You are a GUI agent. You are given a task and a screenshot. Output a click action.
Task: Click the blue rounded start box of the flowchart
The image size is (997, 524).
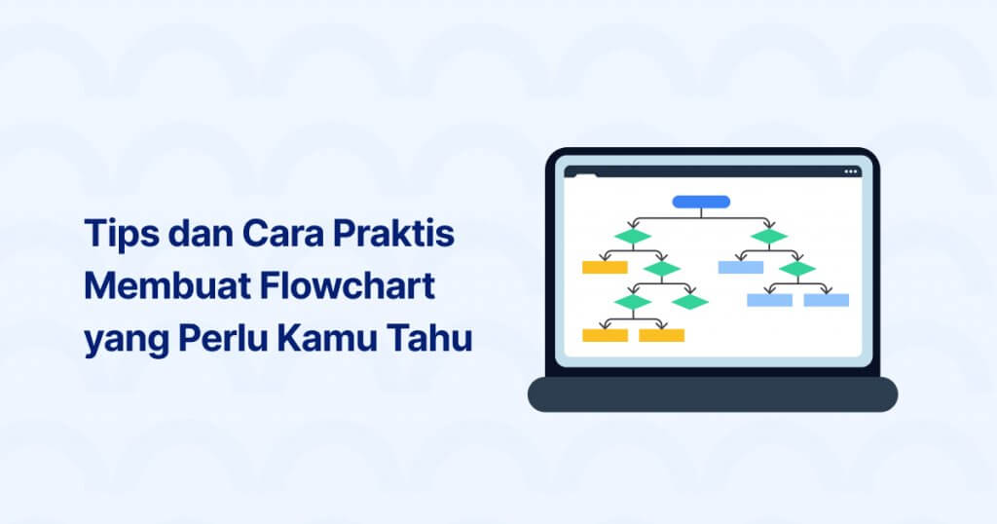[701, 202]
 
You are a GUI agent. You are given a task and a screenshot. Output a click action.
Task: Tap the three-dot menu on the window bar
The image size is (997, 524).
[851, 171]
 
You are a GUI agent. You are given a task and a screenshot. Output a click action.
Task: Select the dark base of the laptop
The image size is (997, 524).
[712, 393]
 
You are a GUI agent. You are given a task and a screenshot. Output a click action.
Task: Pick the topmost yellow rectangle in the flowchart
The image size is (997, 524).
[605, 267]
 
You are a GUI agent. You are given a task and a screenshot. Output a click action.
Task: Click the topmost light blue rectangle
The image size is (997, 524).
[740, 267]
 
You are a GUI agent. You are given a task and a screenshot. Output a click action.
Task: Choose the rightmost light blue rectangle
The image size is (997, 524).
[827, 300]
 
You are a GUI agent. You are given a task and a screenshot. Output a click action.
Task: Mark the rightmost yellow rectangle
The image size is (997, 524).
[662, 335]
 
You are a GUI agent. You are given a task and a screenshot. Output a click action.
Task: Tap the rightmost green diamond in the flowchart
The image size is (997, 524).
[797, 268]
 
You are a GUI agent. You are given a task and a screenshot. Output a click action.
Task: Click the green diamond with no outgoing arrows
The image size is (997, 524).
[690, 302]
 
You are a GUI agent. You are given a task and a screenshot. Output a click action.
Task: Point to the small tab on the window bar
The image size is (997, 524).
[585, 175]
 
